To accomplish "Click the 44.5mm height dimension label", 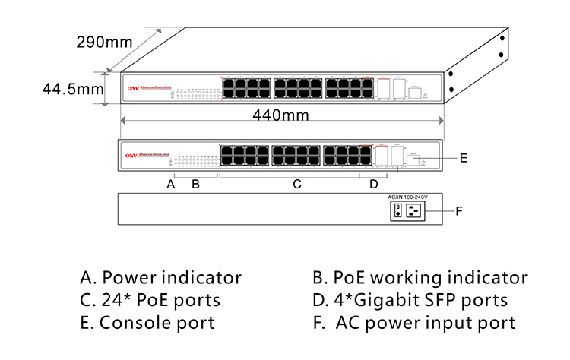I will (x=73, y=89).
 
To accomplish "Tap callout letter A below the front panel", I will (x=171, y=184).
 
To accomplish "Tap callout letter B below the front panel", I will (x=195, y=184).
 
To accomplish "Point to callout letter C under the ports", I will (x=298, y=184).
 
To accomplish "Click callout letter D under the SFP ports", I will (x=373, y=184).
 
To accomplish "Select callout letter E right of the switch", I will (x=463, y=158).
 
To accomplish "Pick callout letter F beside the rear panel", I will (x=458, y=210).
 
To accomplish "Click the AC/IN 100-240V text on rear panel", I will (x=409, y=197).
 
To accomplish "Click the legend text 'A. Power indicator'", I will (x=161, y=277).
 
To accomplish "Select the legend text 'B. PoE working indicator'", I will (x=420, y=277).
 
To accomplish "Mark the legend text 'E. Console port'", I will (x=147, y=323).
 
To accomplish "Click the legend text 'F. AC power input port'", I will (x=414, y=323).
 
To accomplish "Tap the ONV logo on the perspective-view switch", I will (x=131, y=87).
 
